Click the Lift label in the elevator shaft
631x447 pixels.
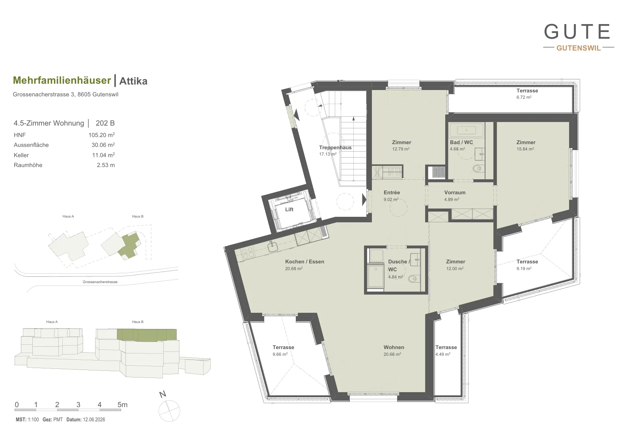(x=289, y=210)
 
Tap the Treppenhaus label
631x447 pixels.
(x=335, y=148)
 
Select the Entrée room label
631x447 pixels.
(x=392, y=193)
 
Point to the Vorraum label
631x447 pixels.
(x=455, y=193)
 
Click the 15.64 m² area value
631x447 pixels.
(x=525, y=149)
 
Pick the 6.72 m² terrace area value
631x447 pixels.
(x=524, y=97)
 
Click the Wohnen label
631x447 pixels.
(x=394, y=347)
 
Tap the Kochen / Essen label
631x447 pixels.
(x=304, y=262)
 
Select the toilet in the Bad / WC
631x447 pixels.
(x=477, y=169)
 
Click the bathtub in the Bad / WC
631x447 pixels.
(x=466, y=131)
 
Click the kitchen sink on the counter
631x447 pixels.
(x=273, y=247)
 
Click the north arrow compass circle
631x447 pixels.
(x=169, y=411)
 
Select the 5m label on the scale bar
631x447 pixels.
(x=123, y=405)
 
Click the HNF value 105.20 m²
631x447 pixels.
(x=102, y=135)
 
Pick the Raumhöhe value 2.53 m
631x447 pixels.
(x=106, y=165)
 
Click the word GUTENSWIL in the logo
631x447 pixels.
(x=579, y=48)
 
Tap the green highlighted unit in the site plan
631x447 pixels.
(x=129, y=245)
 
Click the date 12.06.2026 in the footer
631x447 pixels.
(x=94, y=419)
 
